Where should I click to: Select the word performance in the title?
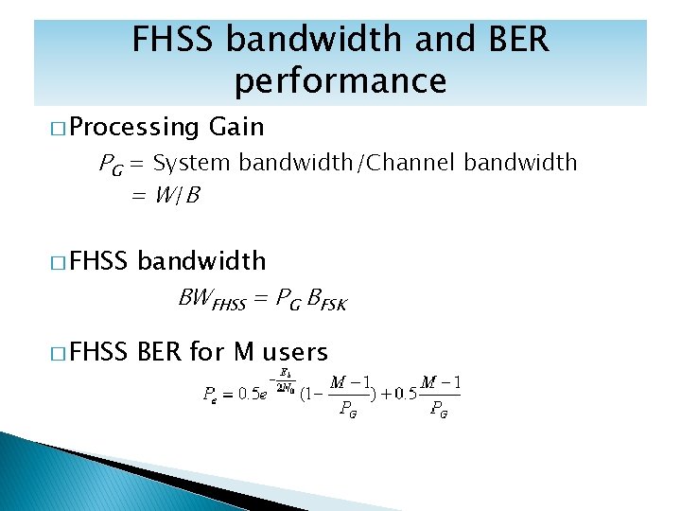pyautogui.click(x=340, y=82)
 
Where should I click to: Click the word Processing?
pyautogui.click(x=133, y=128)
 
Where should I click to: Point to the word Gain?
pyautogui.click(x=236, y=127)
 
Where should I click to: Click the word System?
pyautogui.click(x=191, y=163)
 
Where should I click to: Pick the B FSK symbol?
pyautogui.click(x=327, y=302)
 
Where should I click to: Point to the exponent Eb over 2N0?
pyautogui.click(x=283, y=379)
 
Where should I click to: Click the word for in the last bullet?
pyautogui.click(x=205, y=353)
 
